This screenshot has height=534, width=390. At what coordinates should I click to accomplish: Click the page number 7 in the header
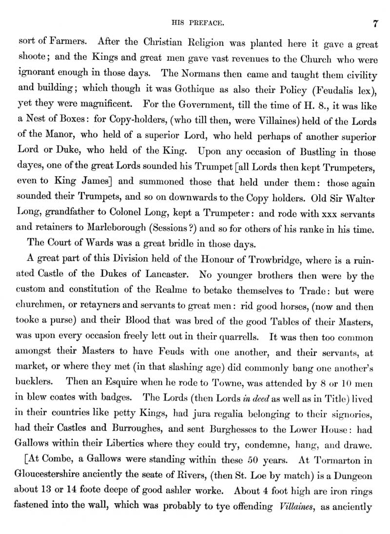tap(374, 23)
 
